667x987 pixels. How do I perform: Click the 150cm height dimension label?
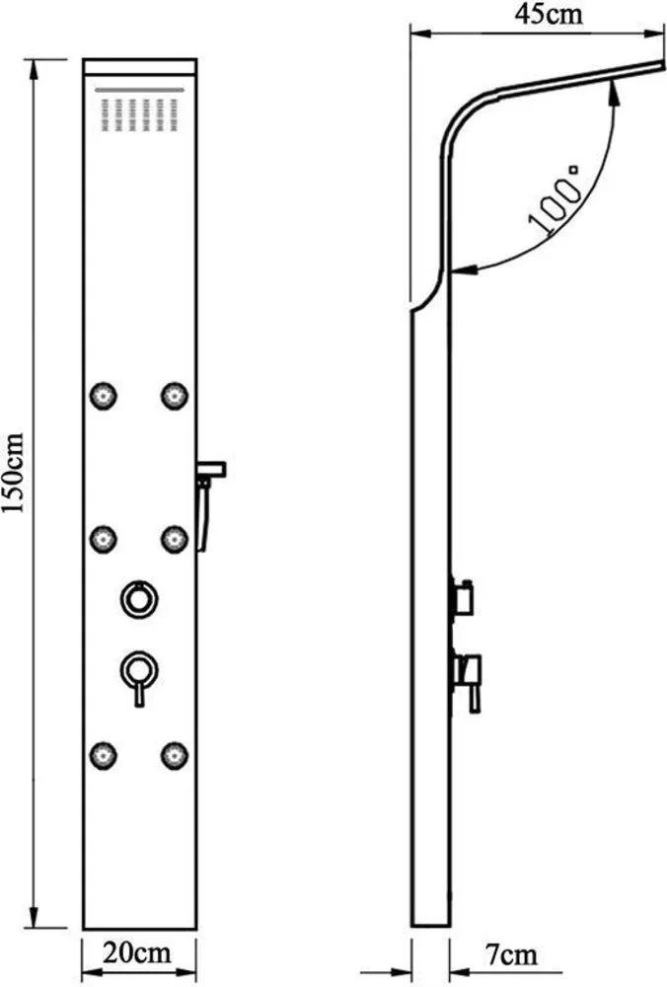pyautogui.click(x=13, y=473)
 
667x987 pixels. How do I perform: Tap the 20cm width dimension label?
pyautogui.click(x=136, y=952)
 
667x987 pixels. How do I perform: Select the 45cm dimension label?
pyautogui.click(x=549, y=14)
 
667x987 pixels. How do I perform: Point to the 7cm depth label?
pyautogui.click(x=511, y=954)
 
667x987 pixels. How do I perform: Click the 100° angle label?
pyautogui.click(x=555, y=199)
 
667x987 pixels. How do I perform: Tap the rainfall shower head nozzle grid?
pyautogui.click(x=139, y=114)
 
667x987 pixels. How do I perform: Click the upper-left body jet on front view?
pyautogui.click(x=104, y=396)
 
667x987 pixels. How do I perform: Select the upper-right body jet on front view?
pyautogui.click(x=175, y=396)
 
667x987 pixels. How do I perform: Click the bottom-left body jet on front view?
pyautogui.click(x=104, y=755)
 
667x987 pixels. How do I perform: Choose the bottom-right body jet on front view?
pyautogui.click(x=175, y=755)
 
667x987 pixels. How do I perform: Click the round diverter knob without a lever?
pyautogui.click(x=139, y=599)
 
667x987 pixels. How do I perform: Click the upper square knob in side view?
pyautogui.click(x=463, y=598)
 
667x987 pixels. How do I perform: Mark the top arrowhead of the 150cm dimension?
pyautogui.click(x=33, y=69)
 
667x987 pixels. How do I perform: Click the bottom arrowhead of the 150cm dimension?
pyautogui.click(x=33, y=917)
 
